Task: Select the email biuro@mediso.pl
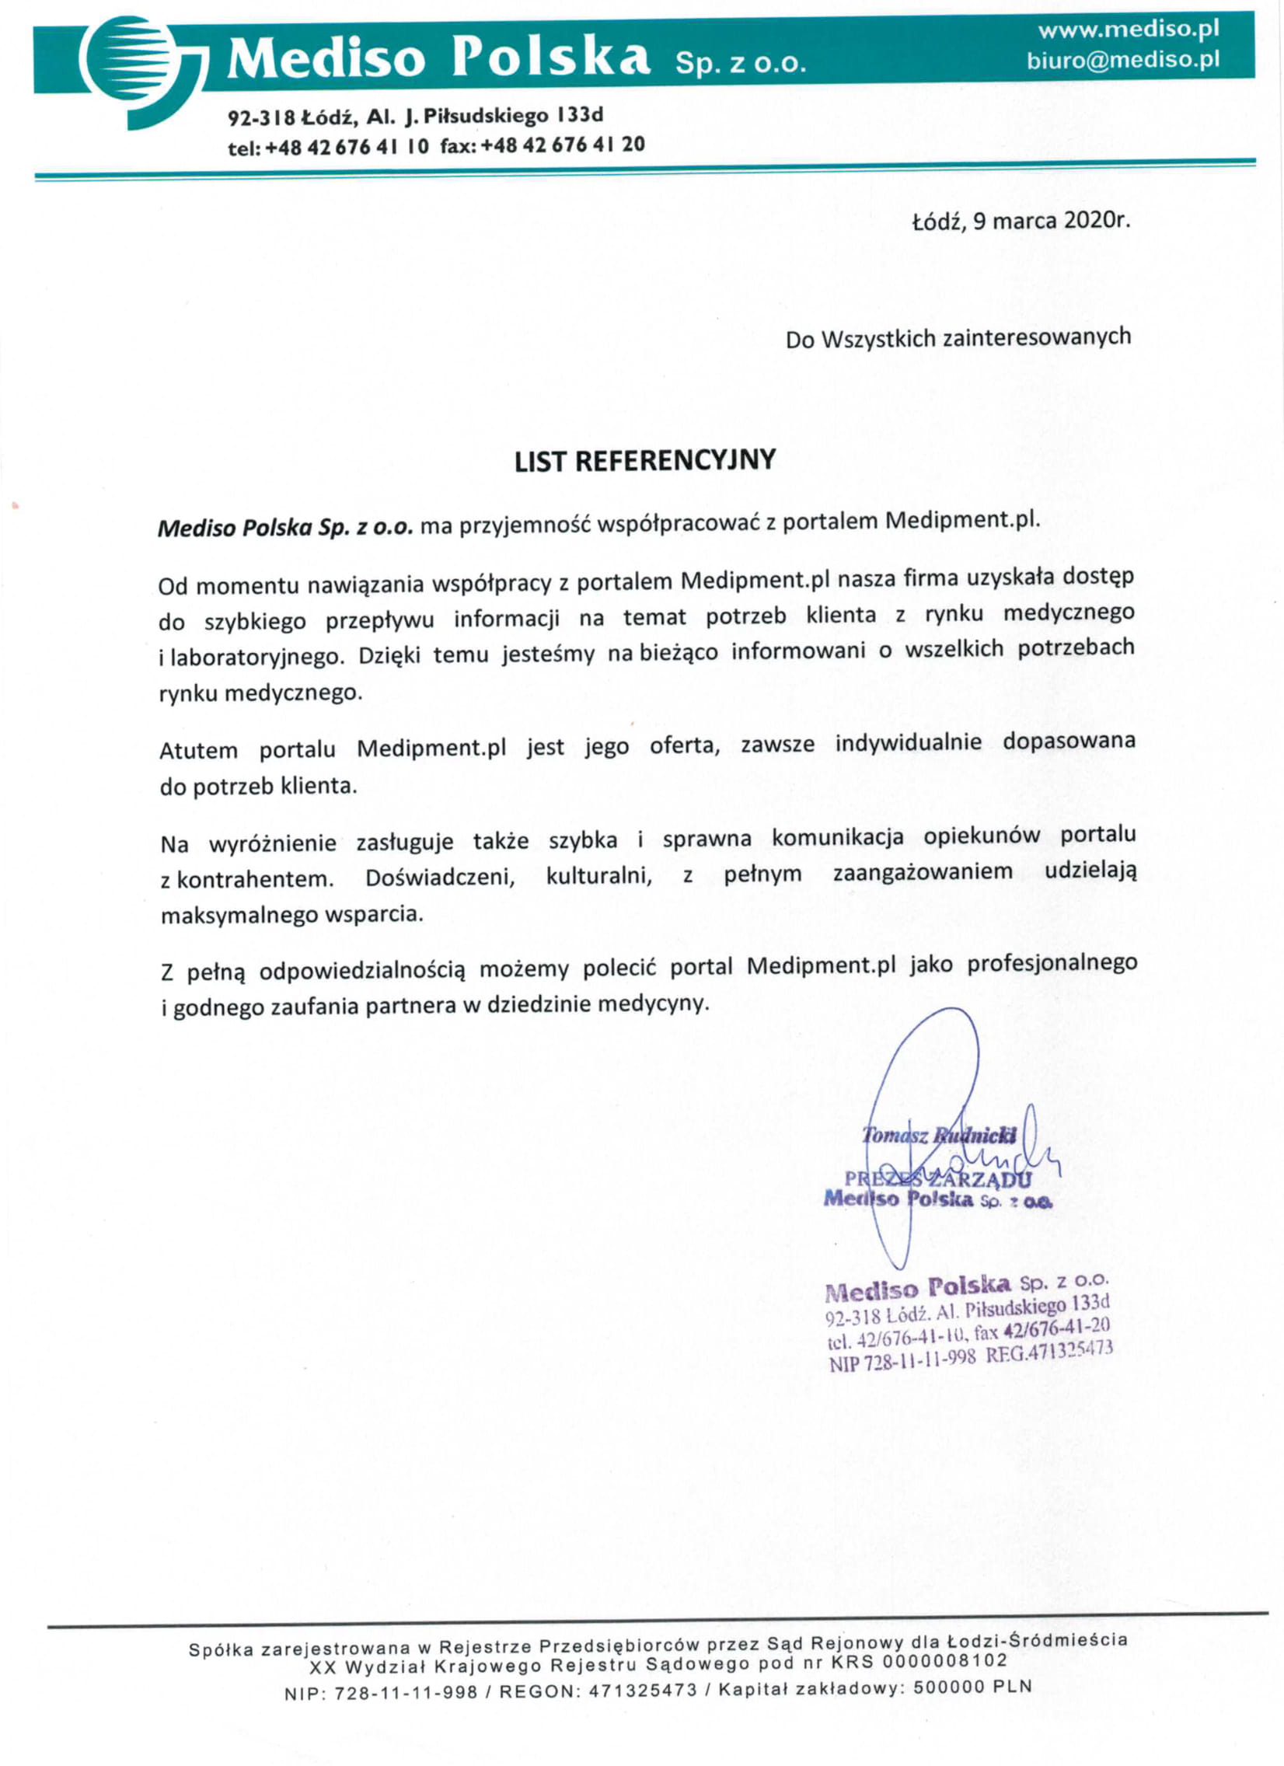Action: point(1122,60)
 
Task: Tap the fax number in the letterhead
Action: point(563,145)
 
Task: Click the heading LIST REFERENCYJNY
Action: point(645,461)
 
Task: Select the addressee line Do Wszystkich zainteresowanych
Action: point(958,339)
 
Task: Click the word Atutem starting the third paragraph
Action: point(197,750)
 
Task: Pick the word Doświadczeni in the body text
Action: point(440,878)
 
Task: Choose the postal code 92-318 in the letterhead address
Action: point(261,117)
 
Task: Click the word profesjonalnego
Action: point(1052,964)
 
